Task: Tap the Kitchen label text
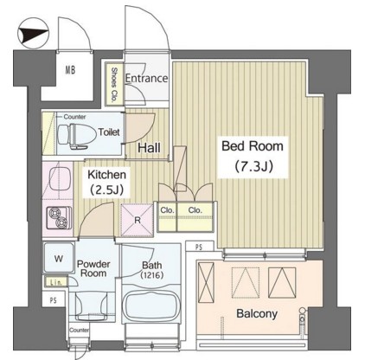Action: [108, 173]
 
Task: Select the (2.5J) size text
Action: [108, 190]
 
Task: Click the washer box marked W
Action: [58, 257]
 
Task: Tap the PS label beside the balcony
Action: [200, 247]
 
